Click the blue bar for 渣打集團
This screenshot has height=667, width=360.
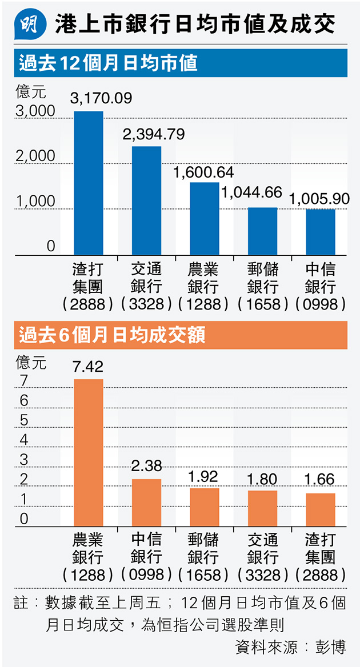[x=89, y=183]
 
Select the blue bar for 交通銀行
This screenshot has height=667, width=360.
[x=147, y=200]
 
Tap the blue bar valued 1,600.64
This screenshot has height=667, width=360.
[x=205, y=218]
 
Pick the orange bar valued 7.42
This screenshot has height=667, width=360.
[x=89, y=452]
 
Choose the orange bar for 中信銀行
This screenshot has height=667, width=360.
[x=147, y=502]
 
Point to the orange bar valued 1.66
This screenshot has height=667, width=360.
[x=321, y=509]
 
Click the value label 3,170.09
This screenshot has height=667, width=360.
[x=101, y=98]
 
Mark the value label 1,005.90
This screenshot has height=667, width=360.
[x=319, y=198]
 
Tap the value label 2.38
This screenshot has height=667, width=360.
[x=147, y=466]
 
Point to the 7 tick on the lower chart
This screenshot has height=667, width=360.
[x=23, y=380]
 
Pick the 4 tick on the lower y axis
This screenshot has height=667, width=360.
[x=23, y=440]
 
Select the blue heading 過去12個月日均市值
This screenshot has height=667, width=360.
[x=109, y=62]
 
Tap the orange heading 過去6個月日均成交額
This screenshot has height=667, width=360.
[x=112, y=335]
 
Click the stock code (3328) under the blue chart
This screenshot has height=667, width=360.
[x=147, y=304]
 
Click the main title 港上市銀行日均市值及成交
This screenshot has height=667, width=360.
[x=195, y=25]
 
